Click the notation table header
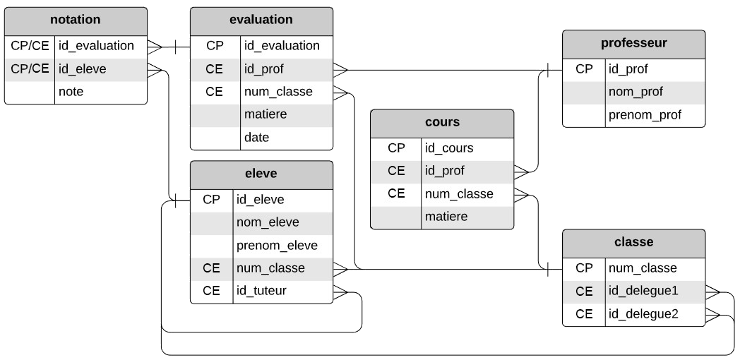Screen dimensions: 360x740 pyautogui.click(x=76, y=20)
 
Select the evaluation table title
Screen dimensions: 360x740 pyautogui.click(x=261, y=20)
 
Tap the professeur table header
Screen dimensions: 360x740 pyautogui.click(x=633, y=43)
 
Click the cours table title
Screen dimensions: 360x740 pyautogui.click(x=442, y=122)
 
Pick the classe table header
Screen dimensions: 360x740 pyautogui.click(x=633, y=242)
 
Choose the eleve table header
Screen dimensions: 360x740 pyautogui.click(x=261, y=172)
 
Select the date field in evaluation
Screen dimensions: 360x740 pyautogui.click(x=257, y=138)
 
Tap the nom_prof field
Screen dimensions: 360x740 pyautogui.click(x=635, y=92)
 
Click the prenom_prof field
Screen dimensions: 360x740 pyautogui.click(x=645, y=115)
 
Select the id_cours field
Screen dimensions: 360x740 pyautogui.click(x=448, y=148)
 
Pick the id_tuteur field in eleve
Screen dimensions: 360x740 pyautogui.click(x=262, y=291)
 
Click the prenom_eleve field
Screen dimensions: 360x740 pyautogui.click(x=277, y=246)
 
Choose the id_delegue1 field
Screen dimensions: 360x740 pyautogui.click(x=643, y=291)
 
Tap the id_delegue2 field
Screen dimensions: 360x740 pyautogui.click(x=643, y=314)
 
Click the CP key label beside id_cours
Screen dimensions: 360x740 pyautogui.click(x=396, y=148)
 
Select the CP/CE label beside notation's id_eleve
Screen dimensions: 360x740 pyautogui.click(x=30, y=68)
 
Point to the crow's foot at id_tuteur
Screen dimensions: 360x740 pyautogui.click(x=340, y=291)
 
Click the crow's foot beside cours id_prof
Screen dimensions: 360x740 pyautogui.click(x=521, y=171)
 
